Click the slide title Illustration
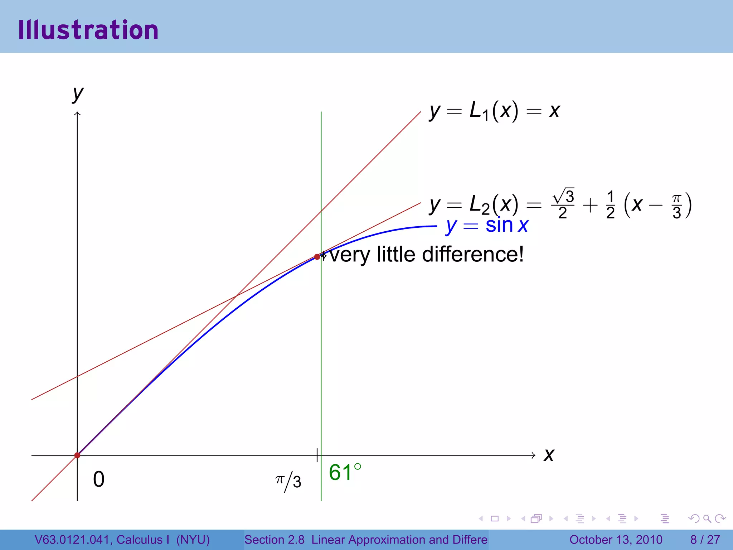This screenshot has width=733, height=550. click(x=88, y=30)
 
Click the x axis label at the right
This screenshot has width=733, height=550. click(x=549, y=455)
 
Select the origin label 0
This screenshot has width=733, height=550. click(x=99, y=479)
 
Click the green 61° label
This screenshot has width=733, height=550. click(x=345, y=472)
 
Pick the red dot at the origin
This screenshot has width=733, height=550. click(x=77, y=455)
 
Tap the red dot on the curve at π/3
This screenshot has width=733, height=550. click(x=317, y=257)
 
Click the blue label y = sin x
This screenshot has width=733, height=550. click(x=487, y=226)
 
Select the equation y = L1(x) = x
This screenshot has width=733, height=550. click(x=495, y=111)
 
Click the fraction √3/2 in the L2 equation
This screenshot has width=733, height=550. click(x=563, y=204)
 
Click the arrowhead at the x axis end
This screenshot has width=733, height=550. click(x=534, y=455)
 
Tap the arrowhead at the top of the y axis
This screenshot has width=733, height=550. click(x=77, y=114)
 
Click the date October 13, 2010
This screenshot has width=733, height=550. click(x=616, y=540)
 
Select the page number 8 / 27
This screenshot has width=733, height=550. click(x=705, y=540)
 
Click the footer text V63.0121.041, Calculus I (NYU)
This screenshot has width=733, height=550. click(x=122, y=540)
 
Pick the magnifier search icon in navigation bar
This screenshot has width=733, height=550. click(x=707, y=518)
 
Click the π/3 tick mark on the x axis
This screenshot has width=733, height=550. click(x=317, y=455)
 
